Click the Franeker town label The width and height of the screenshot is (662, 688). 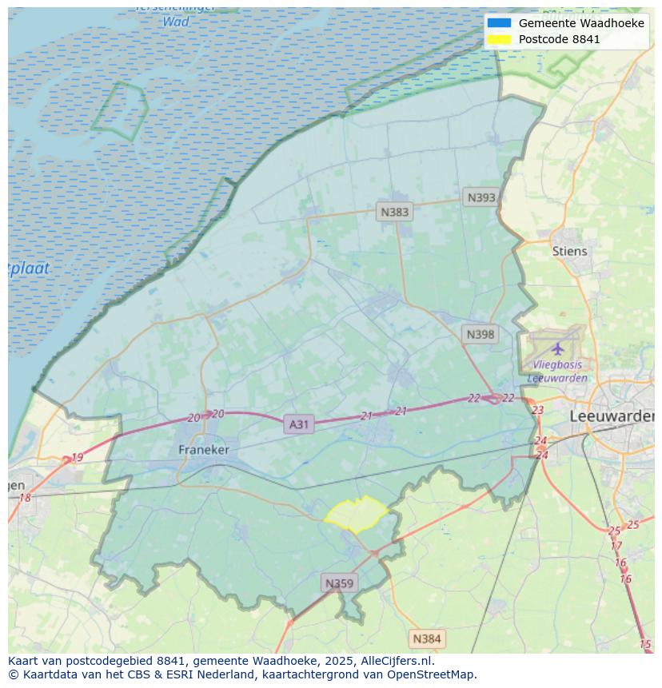tap(203, 450)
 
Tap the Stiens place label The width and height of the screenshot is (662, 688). tap(569, 251)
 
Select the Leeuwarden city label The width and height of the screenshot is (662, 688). tap(612, 416)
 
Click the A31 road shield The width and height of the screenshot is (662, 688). tap(298, 424)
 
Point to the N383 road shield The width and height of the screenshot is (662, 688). tap(394, 212)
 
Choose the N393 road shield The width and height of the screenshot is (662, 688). tap(481, 197)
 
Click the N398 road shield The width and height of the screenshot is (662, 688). tap(480, 334)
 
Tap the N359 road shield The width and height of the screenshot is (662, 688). tap(339, 583)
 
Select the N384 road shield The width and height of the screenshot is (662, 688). tap(426, 638)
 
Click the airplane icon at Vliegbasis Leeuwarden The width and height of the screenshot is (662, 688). tap(557, 349)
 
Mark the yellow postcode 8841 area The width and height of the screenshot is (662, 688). tap(357, 515)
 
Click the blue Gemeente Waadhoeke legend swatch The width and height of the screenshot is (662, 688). tap(499, 23)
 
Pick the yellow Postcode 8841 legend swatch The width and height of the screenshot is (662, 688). tap(499, 39)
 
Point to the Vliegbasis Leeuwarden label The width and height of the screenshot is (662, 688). tap(557, 372)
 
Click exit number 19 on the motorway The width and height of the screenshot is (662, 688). tap(77, 458)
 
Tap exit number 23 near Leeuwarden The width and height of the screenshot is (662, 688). tap(537, 410)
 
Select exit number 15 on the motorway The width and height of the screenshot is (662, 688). tap(645, 644)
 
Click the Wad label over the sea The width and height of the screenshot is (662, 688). tap(176, 22)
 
